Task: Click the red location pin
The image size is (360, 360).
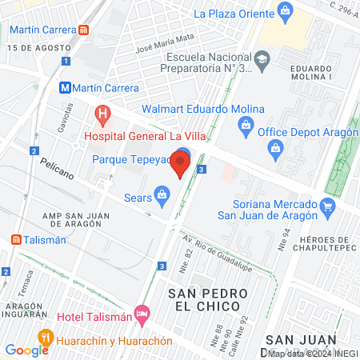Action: pyautogui.click(x=180, y=166)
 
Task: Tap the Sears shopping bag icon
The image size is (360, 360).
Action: pyautogui.click(x=162, y=193)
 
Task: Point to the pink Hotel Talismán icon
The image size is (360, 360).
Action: pyautogui.click(x=142, y=312)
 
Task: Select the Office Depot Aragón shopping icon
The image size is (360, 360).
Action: pyautogui.click(x=245, y=125)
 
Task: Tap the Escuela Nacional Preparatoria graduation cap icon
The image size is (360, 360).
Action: pyautogui.click(x=262, y=58)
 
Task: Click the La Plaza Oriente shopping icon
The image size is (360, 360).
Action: pyautogui.click(x=284, y=11)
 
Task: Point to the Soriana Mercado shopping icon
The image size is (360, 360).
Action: pyautogui.click(x=326, y=207)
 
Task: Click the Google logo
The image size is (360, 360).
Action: pyautogui.click(x=26, y=350)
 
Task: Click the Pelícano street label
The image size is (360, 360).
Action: pyautogui.click(x=55, y=169)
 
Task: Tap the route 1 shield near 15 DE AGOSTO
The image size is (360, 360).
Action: pyautogui.click(x=66, y=61)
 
